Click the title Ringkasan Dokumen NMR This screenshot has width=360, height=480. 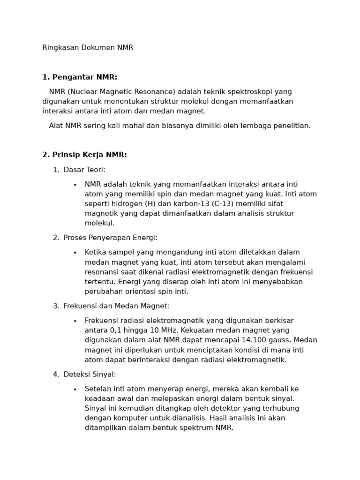pos(88,48)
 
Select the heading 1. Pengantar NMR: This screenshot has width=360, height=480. pos(80,77)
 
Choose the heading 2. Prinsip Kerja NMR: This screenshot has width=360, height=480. pos(84,155)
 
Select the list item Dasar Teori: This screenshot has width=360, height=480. pos(84,170)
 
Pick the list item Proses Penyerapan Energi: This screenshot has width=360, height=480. pos(110,238)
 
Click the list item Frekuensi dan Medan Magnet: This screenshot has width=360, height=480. pos(116,306)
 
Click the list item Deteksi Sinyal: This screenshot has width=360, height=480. pos(90,375)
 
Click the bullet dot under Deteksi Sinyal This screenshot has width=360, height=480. pos(75,390)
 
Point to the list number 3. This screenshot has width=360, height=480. pos(55,306)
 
